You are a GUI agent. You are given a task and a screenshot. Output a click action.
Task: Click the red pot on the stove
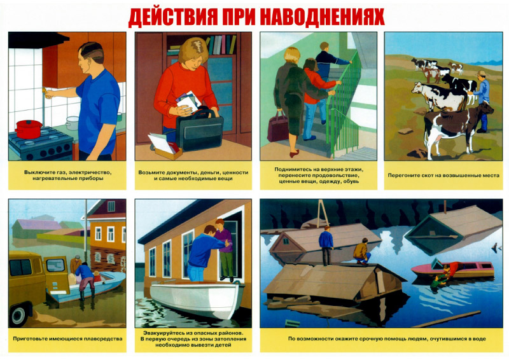click(28, 129)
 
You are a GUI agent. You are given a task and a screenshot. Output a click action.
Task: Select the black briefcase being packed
click(199, 130)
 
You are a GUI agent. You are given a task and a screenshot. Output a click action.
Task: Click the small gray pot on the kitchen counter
click(72, 123)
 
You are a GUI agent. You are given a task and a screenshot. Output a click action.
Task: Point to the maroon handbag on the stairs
click(278, 127)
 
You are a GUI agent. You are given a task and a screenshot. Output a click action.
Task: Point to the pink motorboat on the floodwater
click(453, 269)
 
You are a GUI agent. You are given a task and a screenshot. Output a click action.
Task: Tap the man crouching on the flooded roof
click(362, 251)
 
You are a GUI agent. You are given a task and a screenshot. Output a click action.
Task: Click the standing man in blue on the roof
click(326, 246)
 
